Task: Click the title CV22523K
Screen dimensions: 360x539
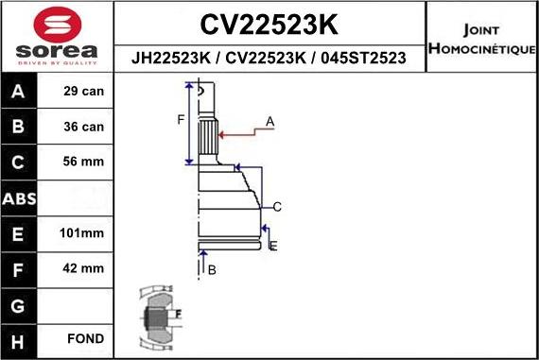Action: coord(269,23)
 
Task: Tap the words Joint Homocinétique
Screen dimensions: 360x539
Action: coord(481,38)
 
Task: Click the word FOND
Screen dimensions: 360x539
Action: coord(85,338)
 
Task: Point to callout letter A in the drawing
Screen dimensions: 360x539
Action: coord(269,121)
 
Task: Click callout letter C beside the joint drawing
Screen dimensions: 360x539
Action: coord(277,206)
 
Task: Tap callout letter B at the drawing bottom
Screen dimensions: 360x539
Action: coord(212,270)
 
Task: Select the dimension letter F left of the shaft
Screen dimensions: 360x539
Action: coord(181,119)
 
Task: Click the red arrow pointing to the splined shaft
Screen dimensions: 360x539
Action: coord(240,133)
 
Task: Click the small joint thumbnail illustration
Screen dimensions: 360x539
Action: coord(159,316)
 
